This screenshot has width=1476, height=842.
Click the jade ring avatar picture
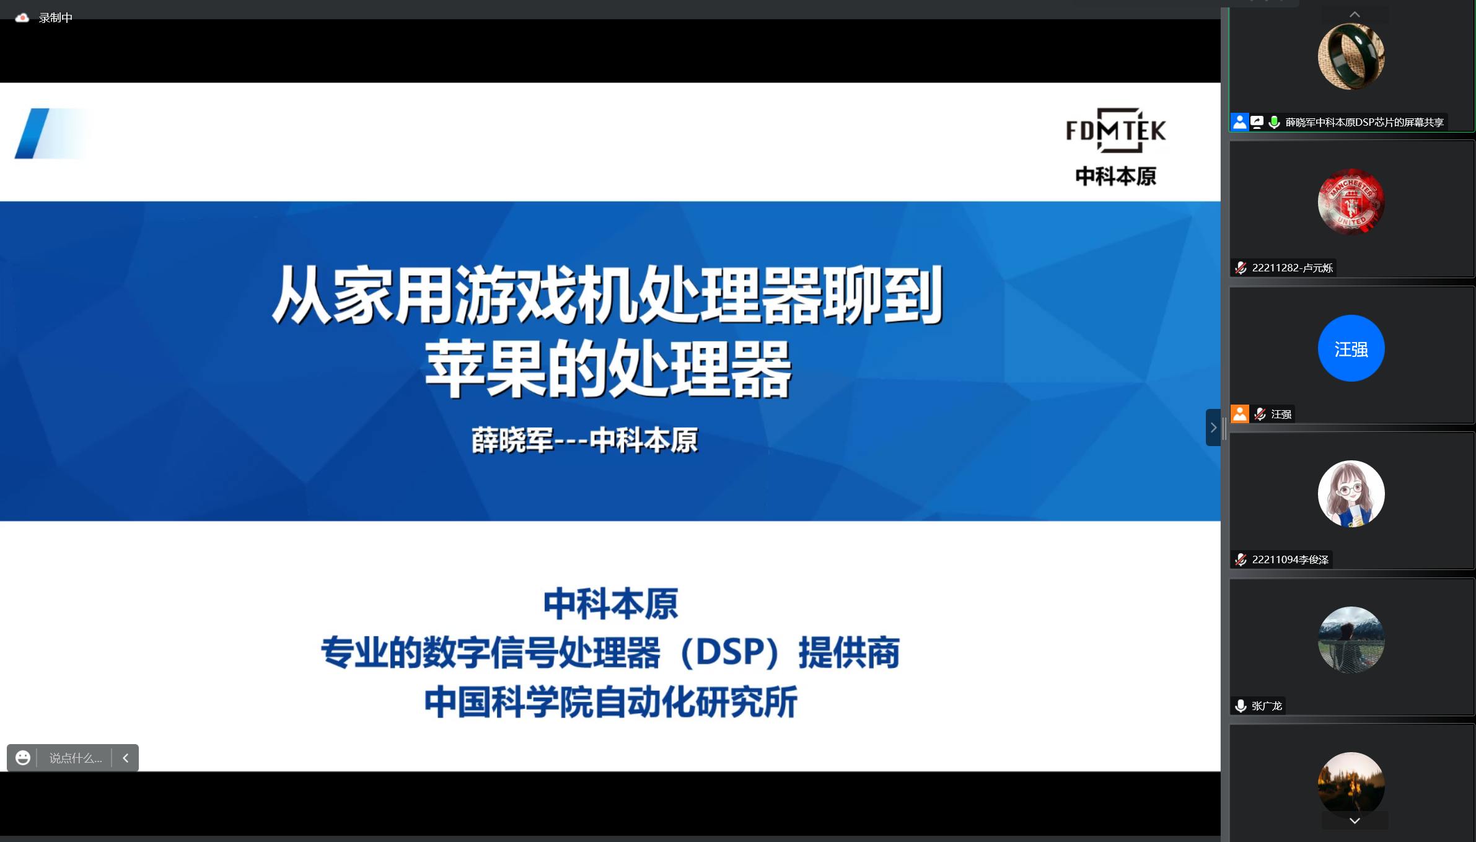coord(1351,56)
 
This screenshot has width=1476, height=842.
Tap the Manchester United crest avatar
coord(1351,202)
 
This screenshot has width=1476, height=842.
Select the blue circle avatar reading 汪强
coord(1351,348)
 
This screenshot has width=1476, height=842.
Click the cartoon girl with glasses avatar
coord(1351,494)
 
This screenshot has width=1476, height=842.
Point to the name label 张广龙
coord(1267,706)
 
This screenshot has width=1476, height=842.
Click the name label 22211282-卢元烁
coord(1292,268)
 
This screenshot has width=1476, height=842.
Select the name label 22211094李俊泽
coord(1290,559)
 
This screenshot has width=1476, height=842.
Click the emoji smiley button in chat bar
coord(23,758)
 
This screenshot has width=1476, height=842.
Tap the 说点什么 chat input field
coord(76,758)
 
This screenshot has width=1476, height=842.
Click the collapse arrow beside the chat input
coord(125,758)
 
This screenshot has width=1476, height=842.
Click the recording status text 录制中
coord(56,18)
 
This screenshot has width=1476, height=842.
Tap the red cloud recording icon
coord(22,18)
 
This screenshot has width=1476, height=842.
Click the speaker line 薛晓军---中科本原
coord(584,441)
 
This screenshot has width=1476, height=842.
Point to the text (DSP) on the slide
coord(729,652)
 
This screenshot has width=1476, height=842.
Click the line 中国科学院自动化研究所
coord(611,702)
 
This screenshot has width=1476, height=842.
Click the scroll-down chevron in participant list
coord(1355,820)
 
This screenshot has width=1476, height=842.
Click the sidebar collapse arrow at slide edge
coord(1213,428)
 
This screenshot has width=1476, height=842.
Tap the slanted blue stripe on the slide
coord(32,133)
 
